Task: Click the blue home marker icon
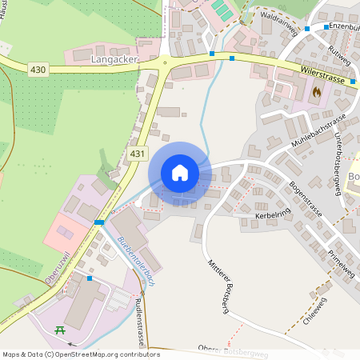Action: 180,173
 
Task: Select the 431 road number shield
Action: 137,152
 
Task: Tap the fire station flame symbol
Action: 317,93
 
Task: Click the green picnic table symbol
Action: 59,330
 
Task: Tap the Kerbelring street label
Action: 272,217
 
